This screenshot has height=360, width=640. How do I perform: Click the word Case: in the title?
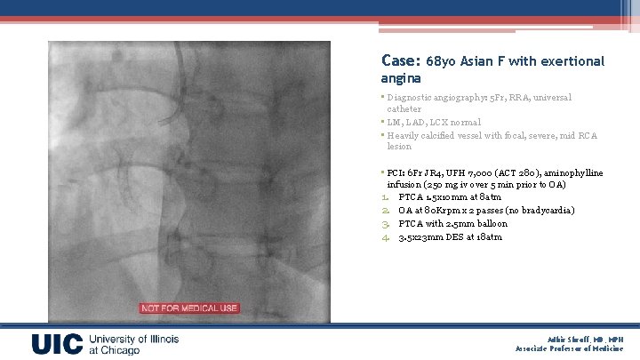pos(400,61)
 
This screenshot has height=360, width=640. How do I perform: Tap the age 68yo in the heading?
pos(442,62)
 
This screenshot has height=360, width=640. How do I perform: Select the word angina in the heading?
pos(400,78)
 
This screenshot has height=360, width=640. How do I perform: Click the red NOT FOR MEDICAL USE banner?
pos(188,308)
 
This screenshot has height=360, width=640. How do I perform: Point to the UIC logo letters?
pos(58,345)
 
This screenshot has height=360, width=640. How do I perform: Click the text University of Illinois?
pos(133,340)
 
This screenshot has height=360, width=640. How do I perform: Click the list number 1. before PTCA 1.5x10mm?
pos(386,197)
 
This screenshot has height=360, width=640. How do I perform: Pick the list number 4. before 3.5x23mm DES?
pos(386,237)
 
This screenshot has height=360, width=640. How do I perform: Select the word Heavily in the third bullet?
pos(404,136)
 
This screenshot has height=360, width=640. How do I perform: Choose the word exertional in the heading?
pos(573,62)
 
